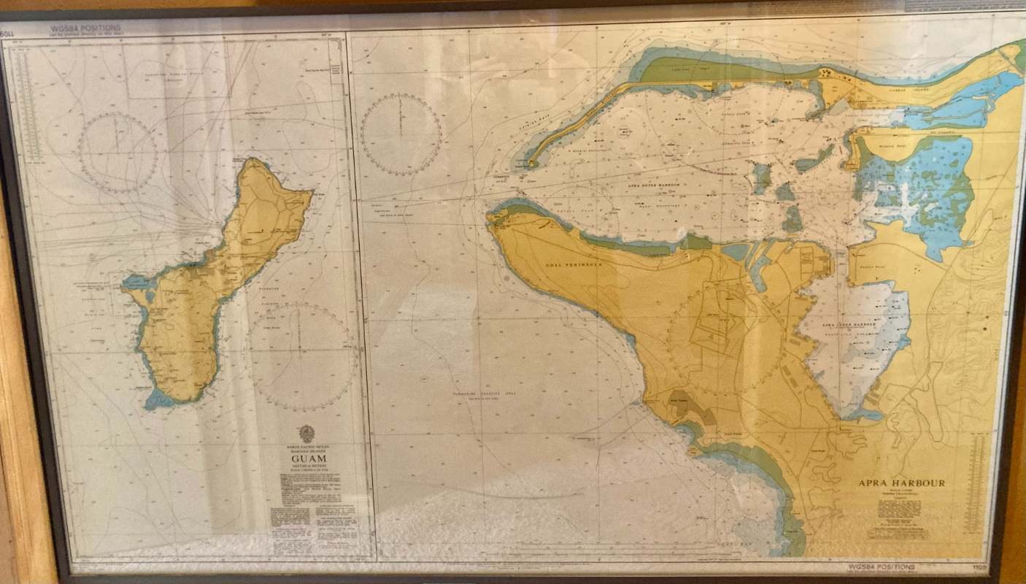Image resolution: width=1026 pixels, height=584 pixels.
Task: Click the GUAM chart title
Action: (x=309, y=458)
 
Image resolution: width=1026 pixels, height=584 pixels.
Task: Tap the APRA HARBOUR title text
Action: (x=901, y=483)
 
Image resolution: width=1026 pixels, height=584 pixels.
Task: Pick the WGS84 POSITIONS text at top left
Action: (x=85, y=28)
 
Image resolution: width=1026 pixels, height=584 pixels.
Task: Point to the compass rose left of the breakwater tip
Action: (x=401, y=133)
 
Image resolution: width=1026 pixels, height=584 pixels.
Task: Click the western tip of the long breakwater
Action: (x=530, y=164)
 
